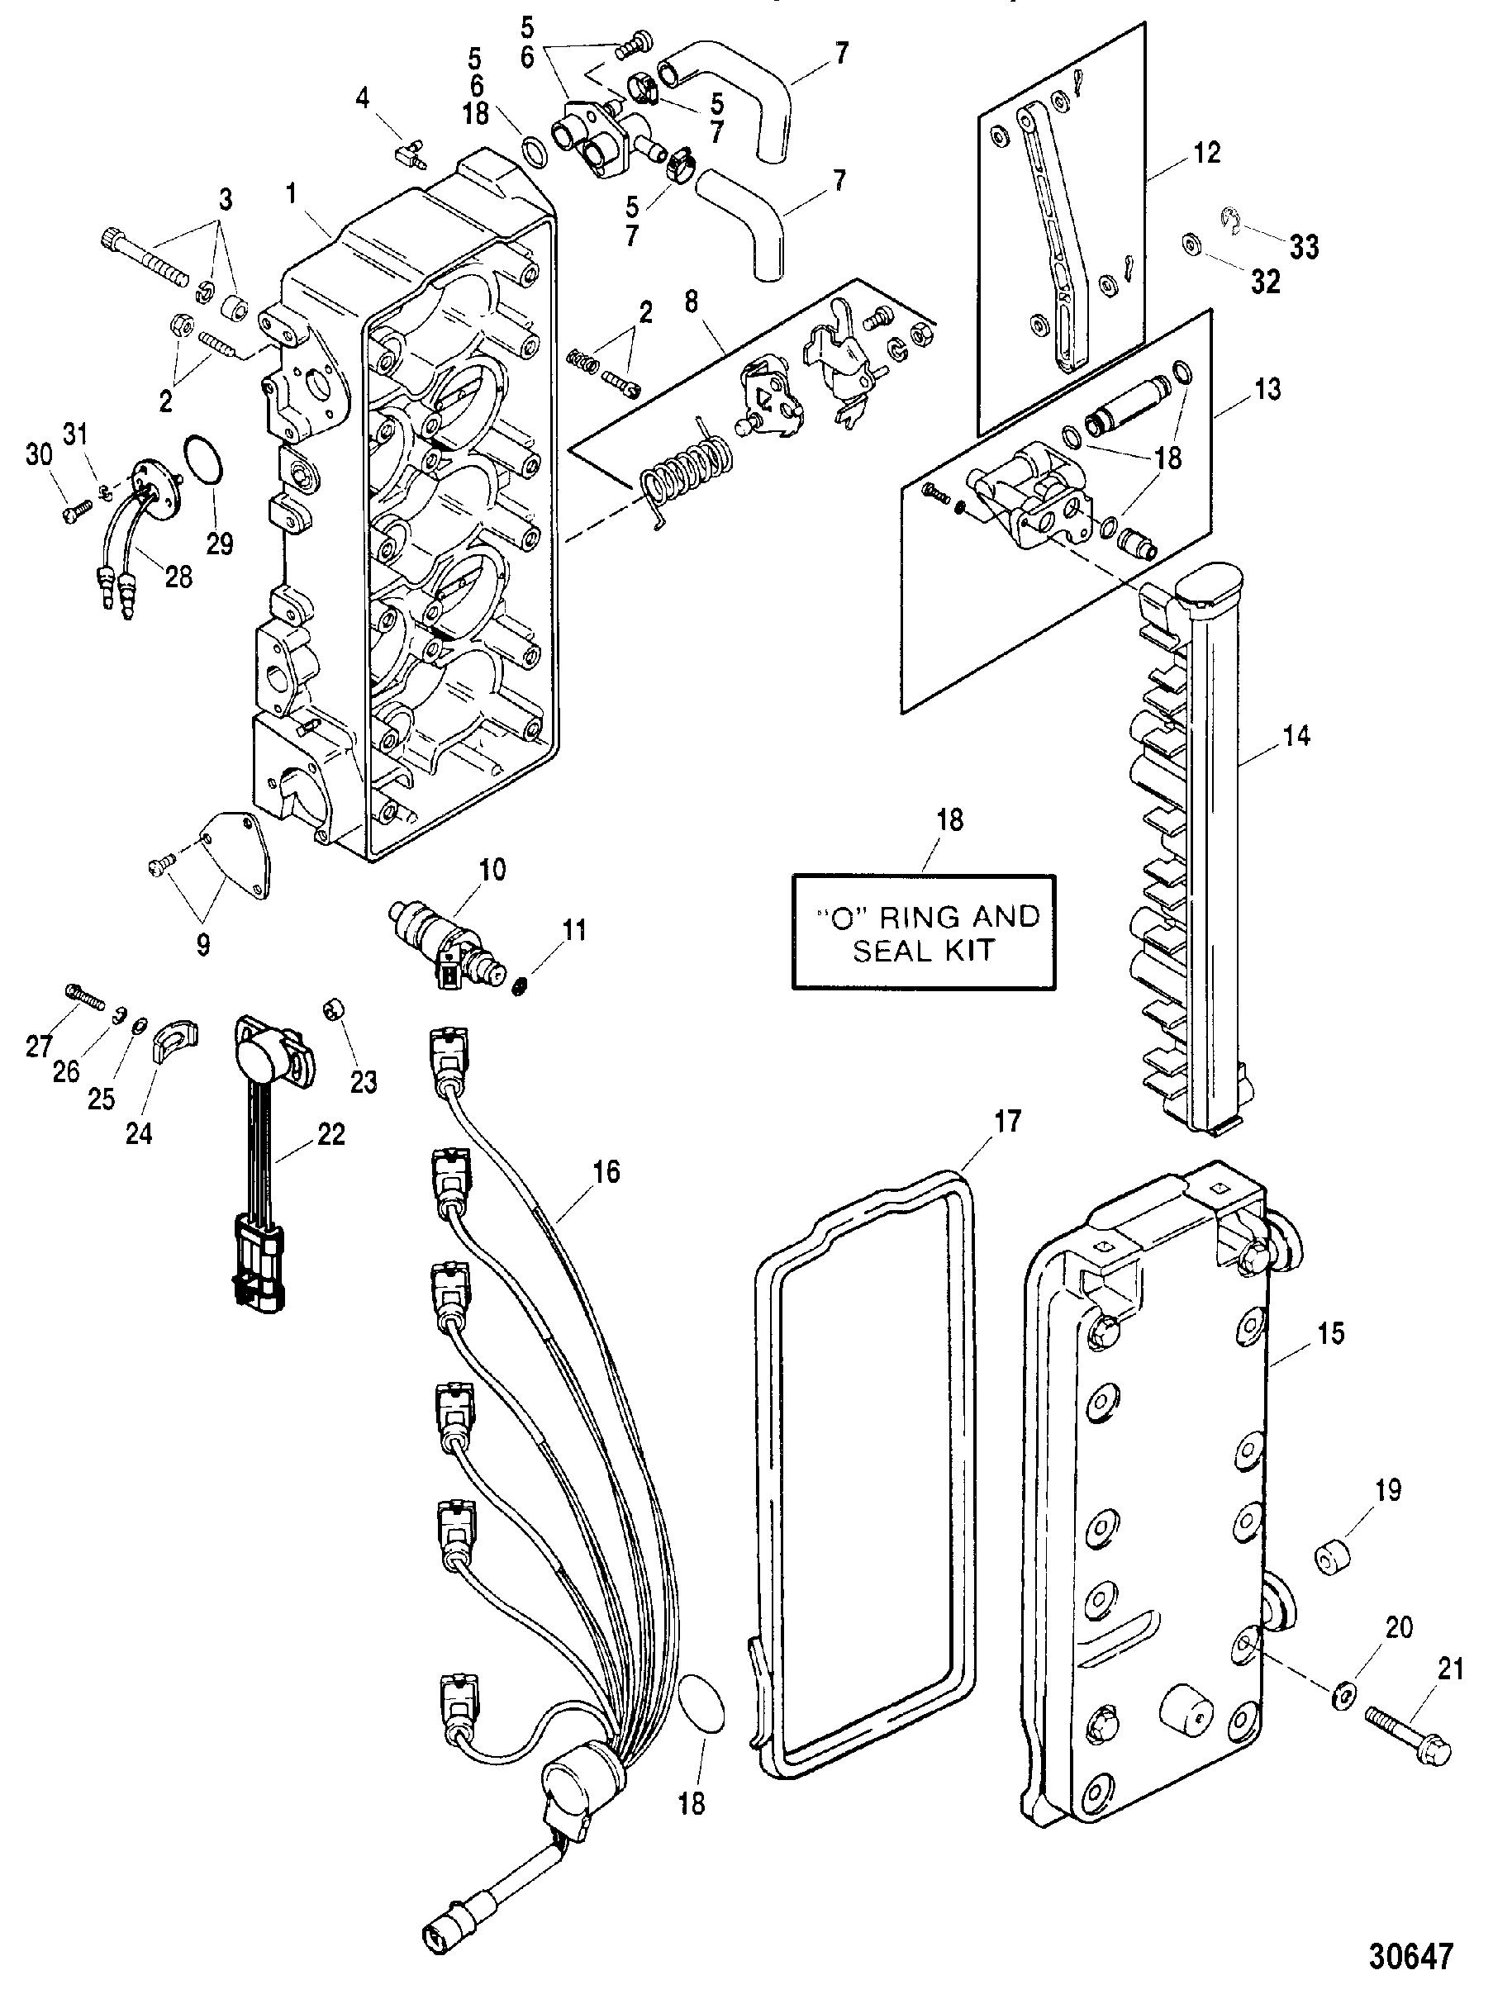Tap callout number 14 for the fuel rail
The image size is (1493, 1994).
pyautogui.click(x=1296, y=737)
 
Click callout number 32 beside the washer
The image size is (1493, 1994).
pyautogui.click(x=1265, y=282)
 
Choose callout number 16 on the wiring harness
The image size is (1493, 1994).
pyautogui.click(x=606, y=1172)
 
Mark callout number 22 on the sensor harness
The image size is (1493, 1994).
pyautogui.click(x=330, y=1133)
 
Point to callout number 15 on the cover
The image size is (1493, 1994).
pyautogui.click(x=1329, y=1332)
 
